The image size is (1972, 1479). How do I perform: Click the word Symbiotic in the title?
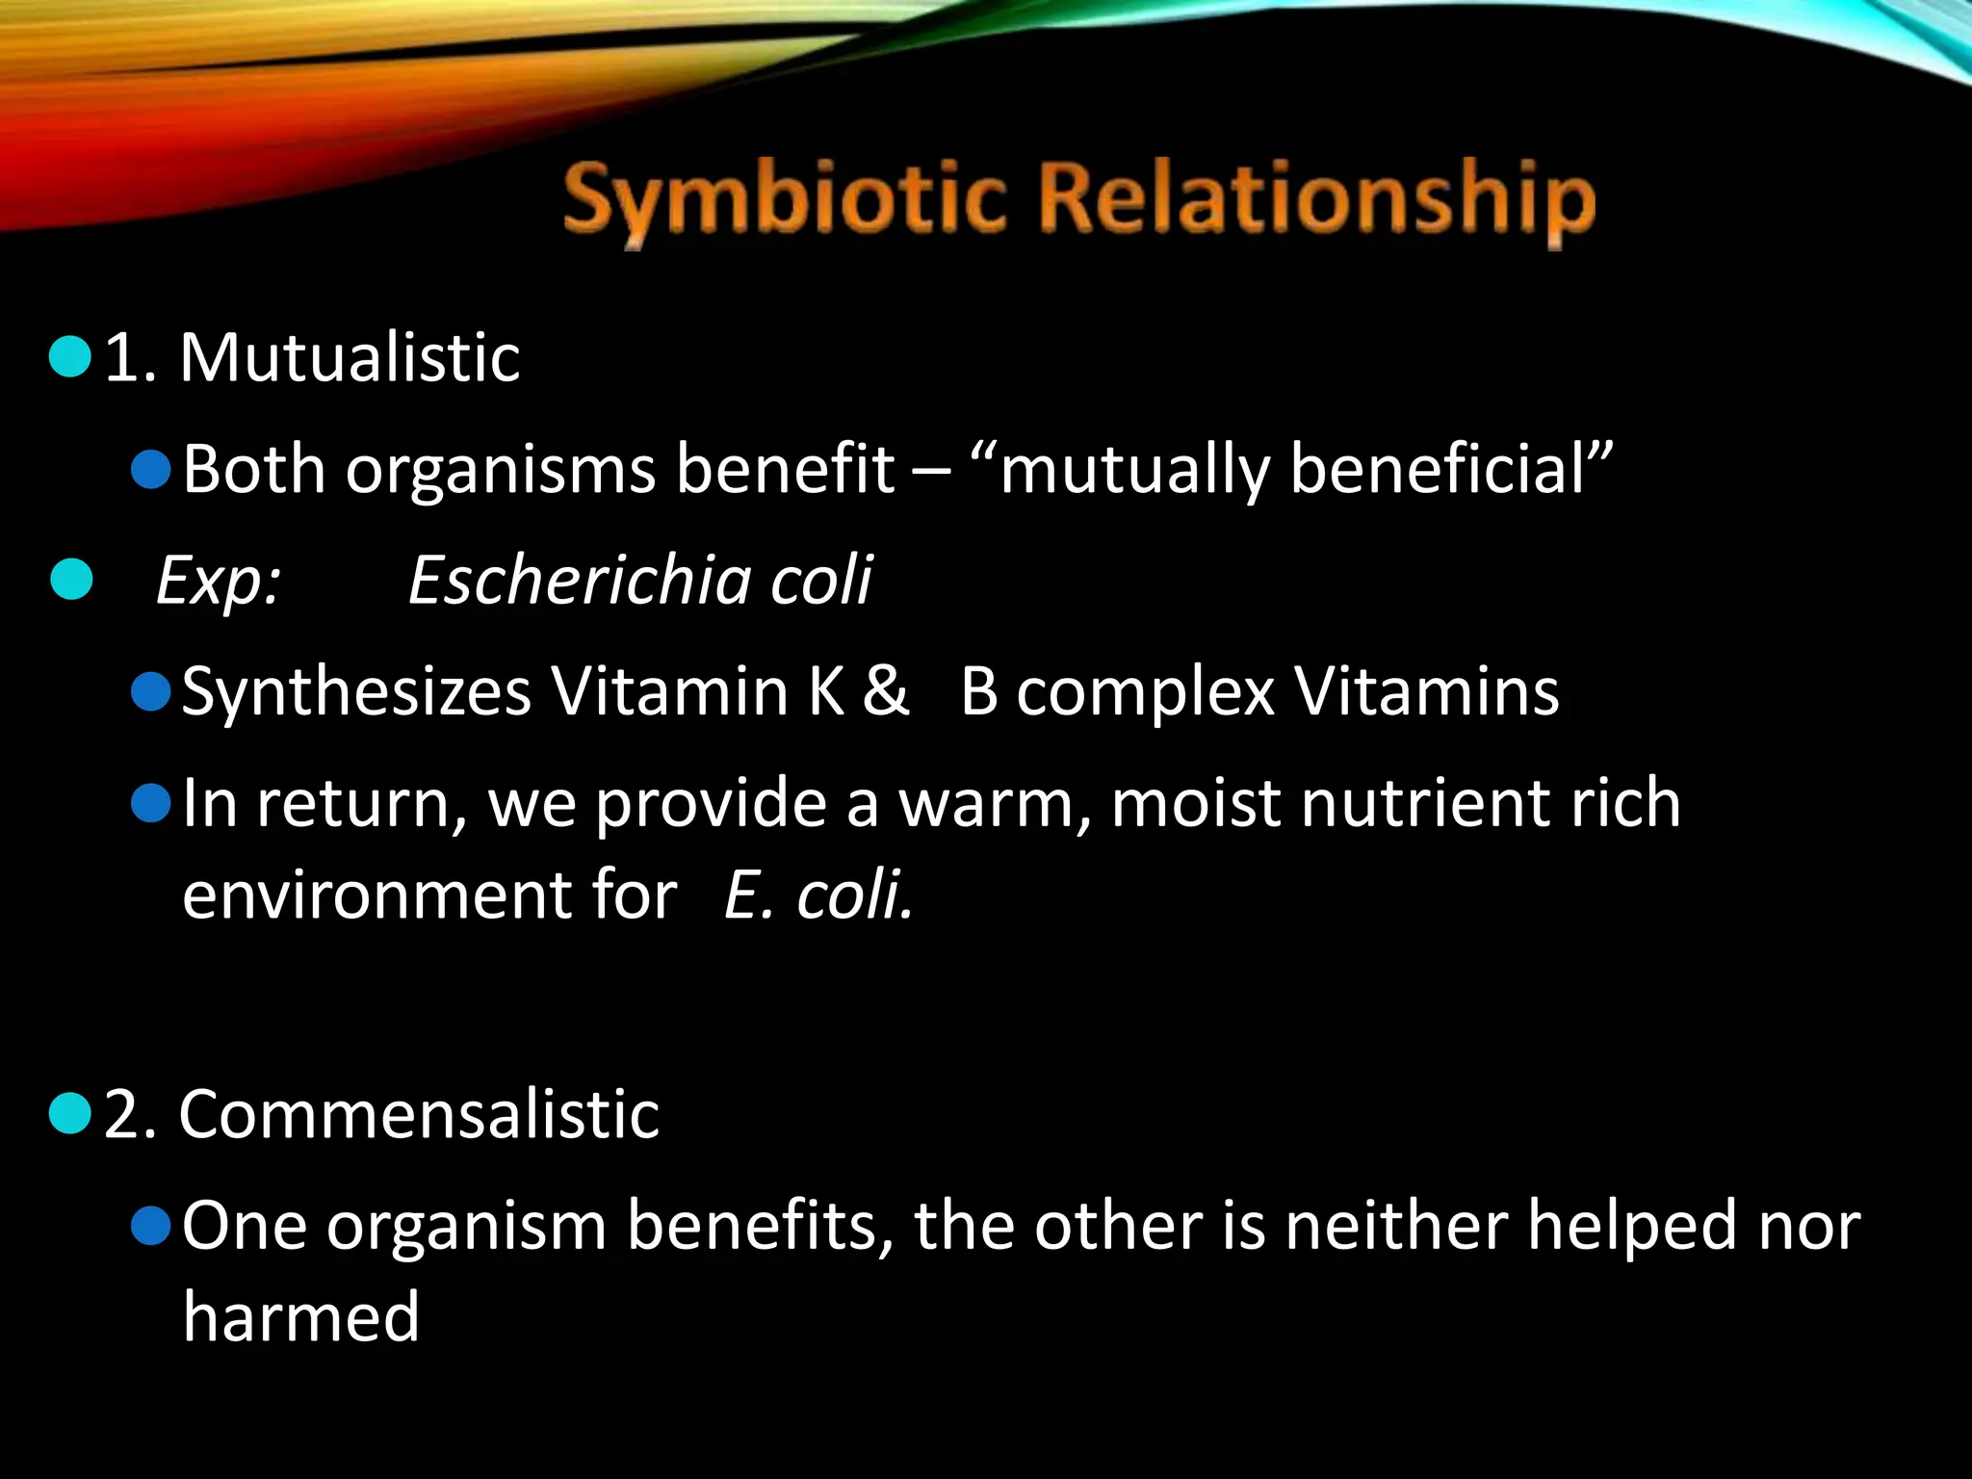pyautogui.click(x=785, y=200)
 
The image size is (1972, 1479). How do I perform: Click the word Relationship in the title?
pyautogui.click(x=1316, y=200)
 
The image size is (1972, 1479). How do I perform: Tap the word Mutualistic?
pyautogui.click(x=350, y=358)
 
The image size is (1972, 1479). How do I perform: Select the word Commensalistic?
pyautogui.click(x=419, y=1115)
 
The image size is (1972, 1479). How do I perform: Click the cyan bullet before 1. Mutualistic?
pyautogui.click(x=69, y=357)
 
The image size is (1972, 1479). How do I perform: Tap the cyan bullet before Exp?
pyautogui.click(x=71, y=580)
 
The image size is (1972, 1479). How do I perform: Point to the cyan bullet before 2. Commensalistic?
pyautogui.click(x=69, y=1114)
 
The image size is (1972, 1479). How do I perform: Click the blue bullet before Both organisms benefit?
pyautogui.click(x=151, y=470)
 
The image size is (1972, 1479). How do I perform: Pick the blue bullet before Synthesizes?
pyautogui.click(x=151, y=691)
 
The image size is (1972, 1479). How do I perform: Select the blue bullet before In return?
pyautogui.click(x=151, y=803)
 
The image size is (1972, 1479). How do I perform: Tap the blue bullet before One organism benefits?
pyautogui.click(x=151, y=1226)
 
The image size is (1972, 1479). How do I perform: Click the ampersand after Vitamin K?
pyautogui.click(x=885, y=691)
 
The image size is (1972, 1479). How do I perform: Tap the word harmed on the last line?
pyautogui.click(x=301, y=1317)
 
